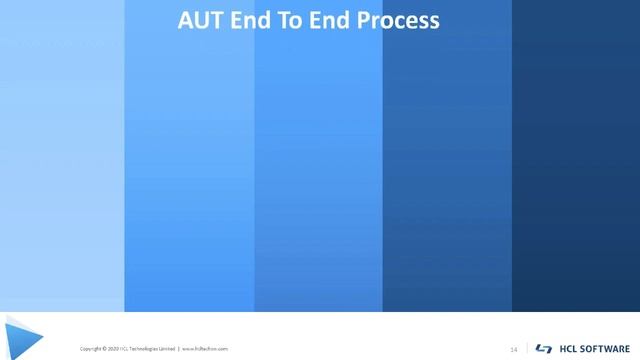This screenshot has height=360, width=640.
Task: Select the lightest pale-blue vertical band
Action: [62, 170]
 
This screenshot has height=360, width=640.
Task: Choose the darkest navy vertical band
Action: [576, 170]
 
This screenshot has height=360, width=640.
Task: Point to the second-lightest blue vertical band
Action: [189, 170]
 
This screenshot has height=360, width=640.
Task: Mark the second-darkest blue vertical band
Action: [447, 170]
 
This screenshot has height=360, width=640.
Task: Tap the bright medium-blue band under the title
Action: [318, 170]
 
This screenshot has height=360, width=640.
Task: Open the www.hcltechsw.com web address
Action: [205, 349]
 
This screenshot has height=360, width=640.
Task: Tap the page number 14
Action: [514, 349]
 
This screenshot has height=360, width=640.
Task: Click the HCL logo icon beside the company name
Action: [544, 349]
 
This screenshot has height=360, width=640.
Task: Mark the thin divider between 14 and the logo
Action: [527, 349]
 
